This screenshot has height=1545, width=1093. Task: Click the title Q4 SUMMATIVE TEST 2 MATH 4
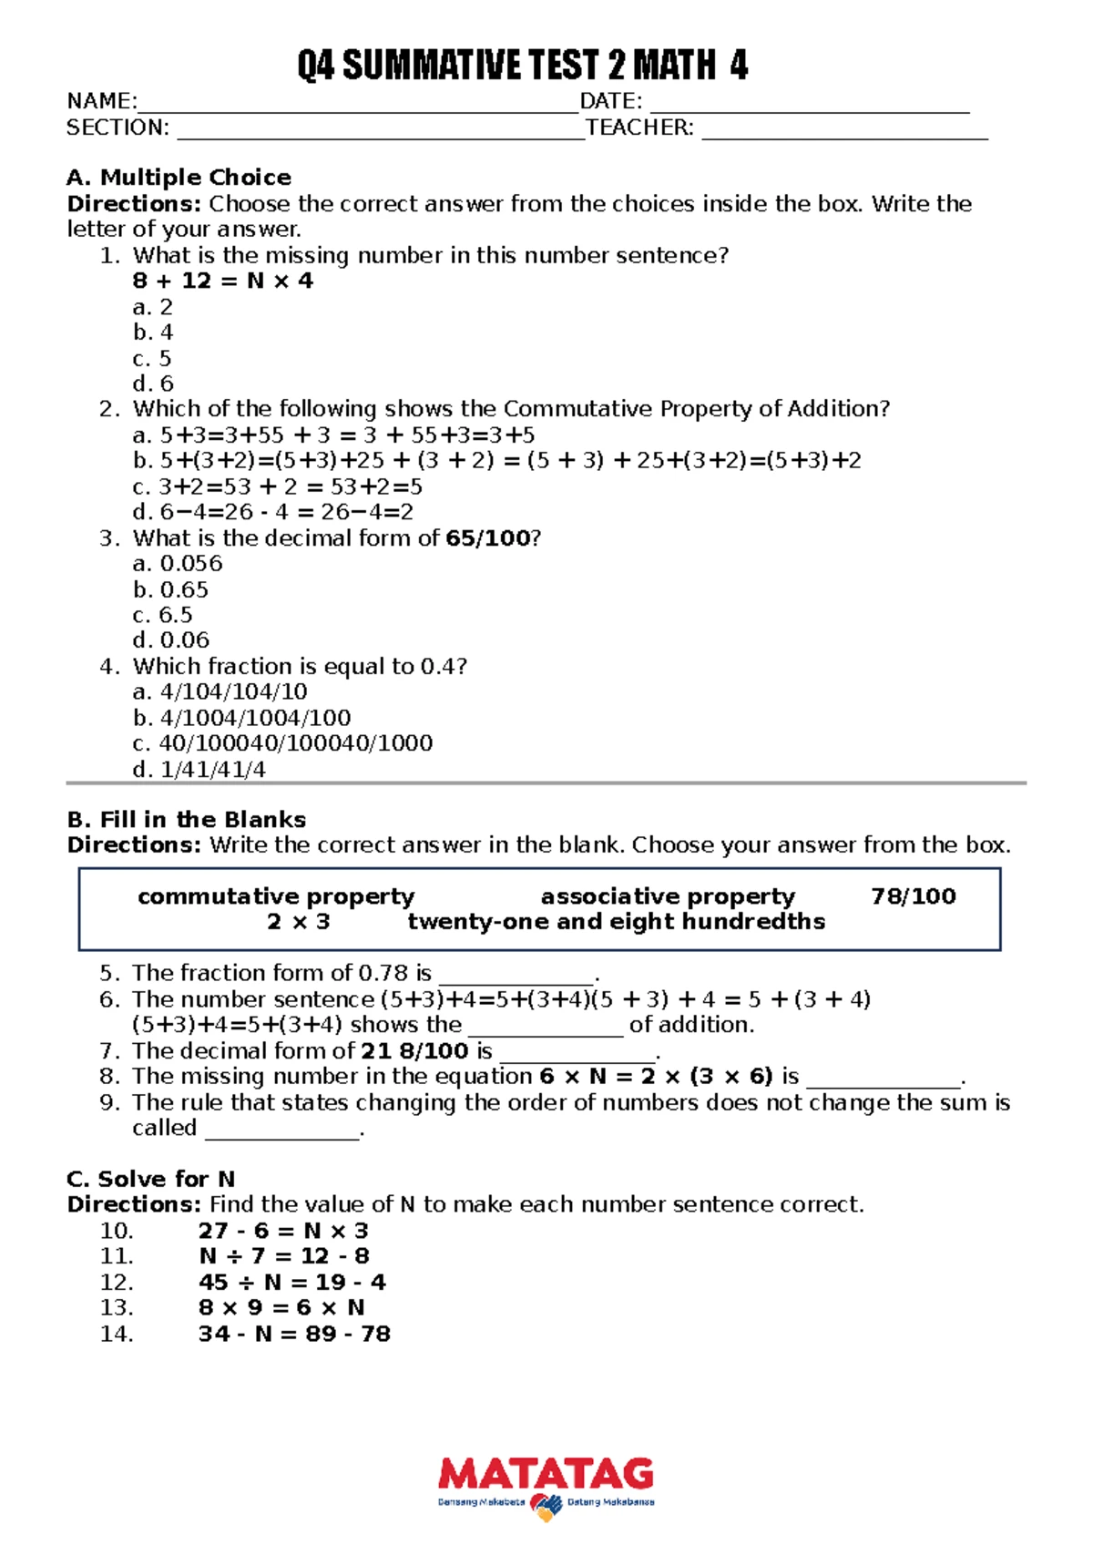522,67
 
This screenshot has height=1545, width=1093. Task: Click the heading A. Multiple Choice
179,178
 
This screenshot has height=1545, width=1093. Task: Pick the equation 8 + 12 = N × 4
222,281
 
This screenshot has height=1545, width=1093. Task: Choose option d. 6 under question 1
153,384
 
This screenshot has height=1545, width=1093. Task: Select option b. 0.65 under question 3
170,590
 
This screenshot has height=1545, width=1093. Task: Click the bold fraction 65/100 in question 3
487,538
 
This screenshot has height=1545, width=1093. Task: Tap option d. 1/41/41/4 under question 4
199,770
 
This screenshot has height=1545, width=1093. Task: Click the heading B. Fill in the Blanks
186,820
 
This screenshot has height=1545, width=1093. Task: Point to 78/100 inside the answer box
913,896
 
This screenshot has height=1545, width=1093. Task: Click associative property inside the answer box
668,896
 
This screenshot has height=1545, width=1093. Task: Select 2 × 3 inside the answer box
298,922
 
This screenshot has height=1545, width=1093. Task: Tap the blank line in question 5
516,977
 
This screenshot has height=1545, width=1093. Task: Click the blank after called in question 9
282,1133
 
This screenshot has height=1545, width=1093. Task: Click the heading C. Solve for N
150,1180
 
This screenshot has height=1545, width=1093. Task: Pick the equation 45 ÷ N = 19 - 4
291,1283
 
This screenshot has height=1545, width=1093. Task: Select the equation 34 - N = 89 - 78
294,1335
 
